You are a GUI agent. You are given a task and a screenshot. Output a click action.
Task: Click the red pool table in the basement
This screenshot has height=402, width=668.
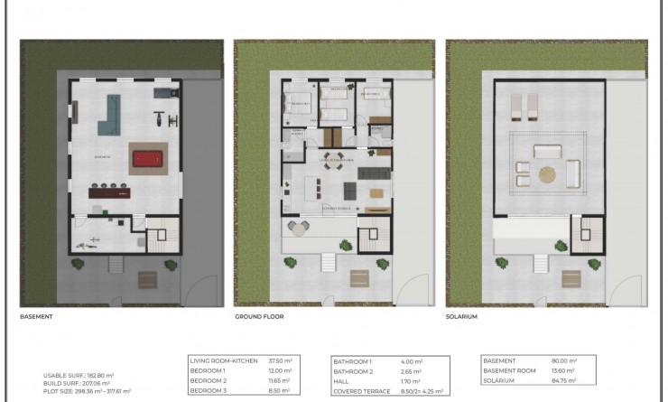(x=145, y=159)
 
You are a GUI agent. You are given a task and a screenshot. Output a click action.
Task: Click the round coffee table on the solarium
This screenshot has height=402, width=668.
(x=548, y=173)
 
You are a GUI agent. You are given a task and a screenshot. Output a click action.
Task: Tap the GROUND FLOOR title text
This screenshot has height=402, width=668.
(x=255, y=317)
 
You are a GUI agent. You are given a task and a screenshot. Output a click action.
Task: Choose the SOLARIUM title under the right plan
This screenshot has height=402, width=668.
(x=461, y=317)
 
